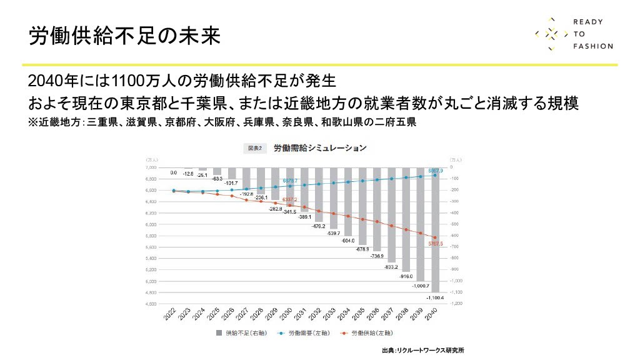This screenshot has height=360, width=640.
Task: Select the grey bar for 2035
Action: [362, 206]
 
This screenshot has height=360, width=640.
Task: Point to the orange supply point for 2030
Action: [290, 205]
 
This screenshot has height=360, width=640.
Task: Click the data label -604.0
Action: [348, 240]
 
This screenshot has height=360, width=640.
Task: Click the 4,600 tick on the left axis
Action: [151, 303]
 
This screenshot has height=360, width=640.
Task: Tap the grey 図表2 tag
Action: [254, 148]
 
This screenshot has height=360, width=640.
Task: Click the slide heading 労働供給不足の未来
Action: [124, 36]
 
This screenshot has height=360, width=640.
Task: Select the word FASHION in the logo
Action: [593, 46]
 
